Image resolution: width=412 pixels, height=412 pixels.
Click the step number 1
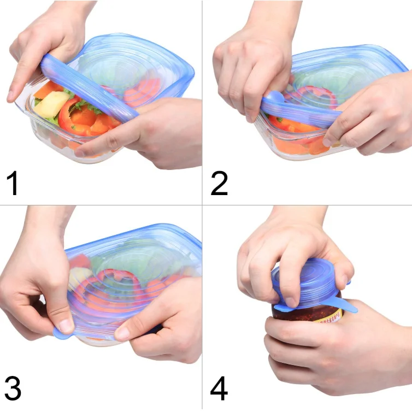[13, 183]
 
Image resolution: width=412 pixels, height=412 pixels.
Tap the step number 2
[219, 183]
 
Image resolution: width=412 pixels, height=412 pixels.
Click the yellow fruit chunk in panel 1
[52, 103]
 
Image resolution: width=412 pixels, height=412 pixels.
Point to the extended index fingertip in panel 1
[12, 97]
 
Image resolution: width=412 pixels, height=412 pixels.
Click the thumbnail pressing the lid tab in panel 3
[66, 326]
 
